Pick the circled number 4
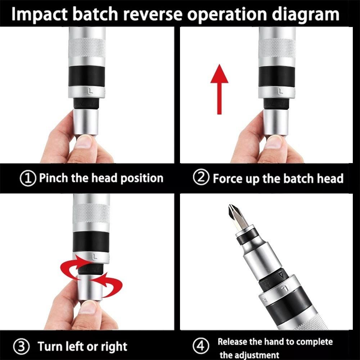tap(200, 347)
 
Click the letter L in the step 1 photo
tap(90, 91)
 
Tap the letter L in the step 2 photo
tap(280, 92)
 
